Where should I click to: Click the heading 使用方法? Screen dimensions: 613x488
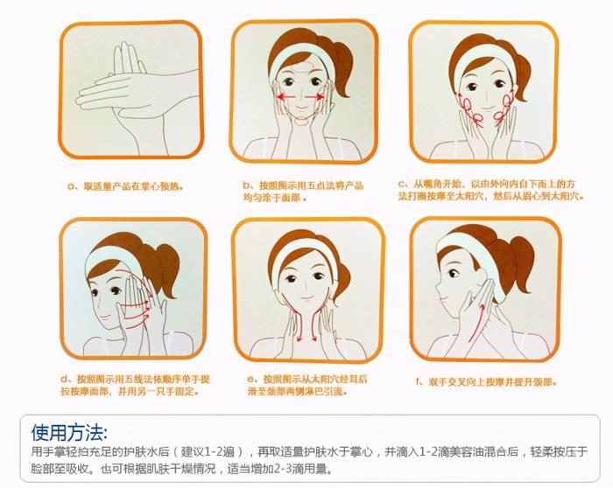pos(68,432)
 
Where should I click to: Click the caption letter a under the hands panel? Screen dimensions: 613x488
pos(70,186)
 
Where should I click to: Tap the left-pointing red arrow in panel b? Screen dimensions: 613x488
pos(285,96)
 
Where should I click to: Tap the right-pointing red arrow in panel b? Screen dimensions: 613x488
pos(314,96)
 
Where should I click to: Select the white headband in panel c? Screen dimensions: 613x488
pos(484,62)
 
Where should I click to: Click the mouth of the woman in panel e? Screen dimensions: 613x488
pos(306,298)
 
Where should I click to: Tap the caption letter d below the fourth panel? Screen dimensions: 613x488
pos(64,379)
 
